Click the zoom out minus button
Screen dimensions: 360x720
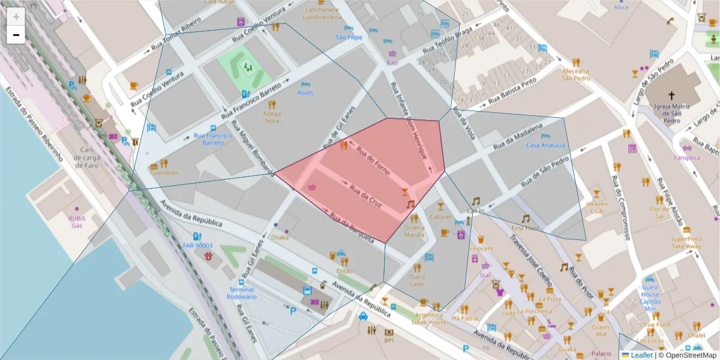coord(16,35)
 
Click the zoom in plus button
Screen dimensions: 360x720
coord(16,17)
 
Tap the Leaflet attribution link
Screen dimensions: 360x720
coord(641,355)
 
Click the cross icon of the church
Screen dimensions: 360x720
coord(671,95)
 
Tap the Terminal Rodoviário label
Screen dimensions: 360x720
coord(242,293)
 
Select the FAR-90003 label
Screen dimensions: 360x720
coord(197,245)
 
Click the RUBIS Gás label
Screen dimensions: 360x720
coord(77,222)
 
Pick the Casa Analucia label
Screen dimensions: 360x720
coord(545,145)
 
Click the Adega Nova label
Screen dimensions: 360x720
coord(272,116)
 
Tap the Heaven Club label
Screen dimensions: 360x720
coord(596,208)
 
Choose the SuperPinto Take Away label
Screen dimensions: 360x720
coord(686,242)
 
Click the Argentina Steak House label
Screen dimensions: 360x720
coord(428,319)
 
